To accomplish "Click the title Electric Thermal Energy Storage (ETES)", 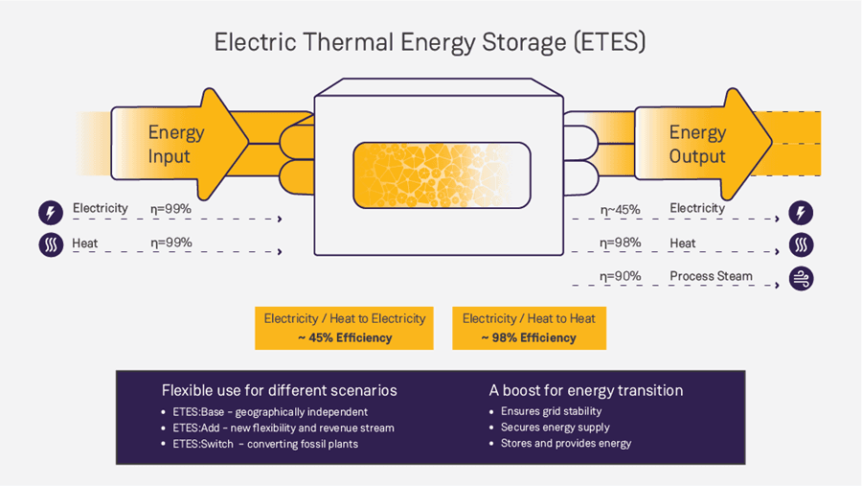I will click(x=430, y=43).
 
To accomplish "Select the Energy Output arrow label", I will click(x=696, y=145).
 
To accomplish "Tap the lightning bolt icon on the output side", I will click(x=801, y=212).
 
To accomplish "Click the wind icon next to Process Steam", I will click(x=801, y=278).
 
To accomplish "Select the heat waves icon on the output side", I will click(x=801, y=244).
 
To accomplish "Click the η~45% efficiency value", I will click(x=620, y=209).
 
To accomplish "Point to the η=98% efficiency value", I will click(x=620, y=243).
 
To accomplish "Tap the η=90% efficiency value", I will click(x=620, y=277).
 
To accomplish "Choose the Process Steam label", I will click(x=711, y=277).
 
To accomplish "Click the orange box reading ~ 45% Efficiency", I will click(x=345, y=328).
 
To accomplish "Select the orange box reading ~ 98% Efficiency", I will click(x=529, y=328).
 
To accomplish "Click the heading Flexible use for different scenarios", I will click(x=279, y=390).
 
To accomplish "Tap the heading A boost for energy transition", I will click(x=586, y=390).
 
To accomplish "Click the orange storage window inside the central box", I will click(x=441, y=174).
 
